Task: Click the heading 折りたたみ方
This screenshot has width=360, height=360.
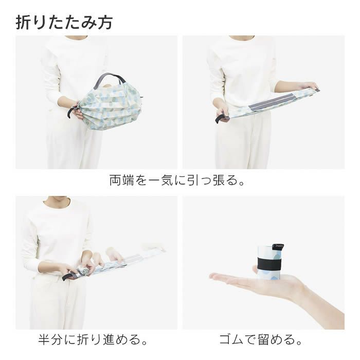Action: [x=64, y=22]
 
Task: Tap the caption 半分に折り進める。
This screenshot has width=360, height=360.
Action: [x=94, y=340]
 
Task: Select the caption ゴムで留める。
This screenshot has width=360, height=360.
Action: [x=261, y=340]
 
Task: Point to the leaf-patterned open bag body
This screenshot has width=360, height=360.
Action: [x=111, y=105]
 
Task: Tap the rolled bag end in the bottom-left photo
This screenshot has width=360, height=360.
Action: [x=83, y=272]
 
